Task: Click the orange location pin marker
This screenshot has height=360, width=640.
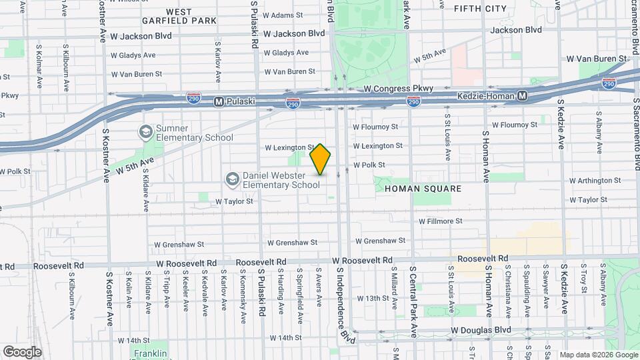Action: point(321,159)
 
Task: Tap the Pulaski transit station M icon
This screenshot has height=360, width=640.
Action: point(218,101)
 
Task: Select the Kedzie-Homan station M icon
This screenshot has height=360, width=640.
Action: point(523,96)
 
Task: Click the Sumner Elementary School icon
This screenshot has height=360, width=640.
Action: point(145,131)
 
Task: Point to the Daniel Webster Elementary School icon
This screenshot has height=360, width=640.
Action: point(231,179)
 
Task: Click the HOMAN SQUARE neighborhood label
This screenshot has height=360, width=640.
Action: point(423,189)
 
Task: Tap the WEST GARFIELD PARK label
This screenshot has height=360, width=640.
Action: point(179,16)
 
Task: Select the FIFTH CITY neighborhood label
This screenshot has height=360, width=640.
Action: point(480,9)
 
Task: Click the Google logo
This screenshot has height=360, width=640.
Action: point(22,351)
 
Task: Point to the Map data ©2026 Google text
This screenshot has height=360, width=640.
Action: point(598,355)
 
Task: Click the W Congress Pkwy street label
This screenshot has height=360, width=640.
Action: point(398,88)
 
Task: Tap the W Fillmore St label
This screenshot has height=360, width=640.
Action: point(440,221)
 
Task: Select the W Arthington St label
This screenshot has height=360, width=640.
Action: point(595,180)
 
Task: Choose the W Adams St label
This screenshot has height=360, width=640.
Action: point(283,14)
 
